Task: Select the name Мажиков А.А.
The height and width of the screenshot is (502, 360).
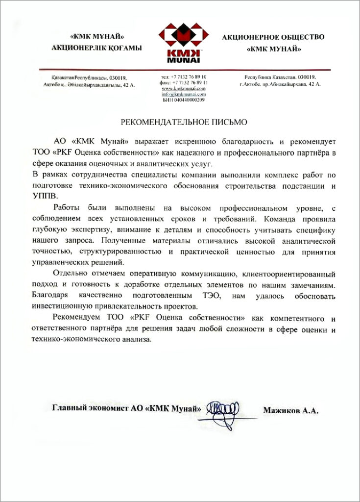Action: pos(290,411)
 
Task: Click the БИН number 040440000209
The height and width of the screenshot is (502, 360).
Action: pos(184,100)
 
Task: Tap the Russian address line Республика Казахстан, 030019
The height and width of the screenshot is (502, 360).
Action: pos(280,77)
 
